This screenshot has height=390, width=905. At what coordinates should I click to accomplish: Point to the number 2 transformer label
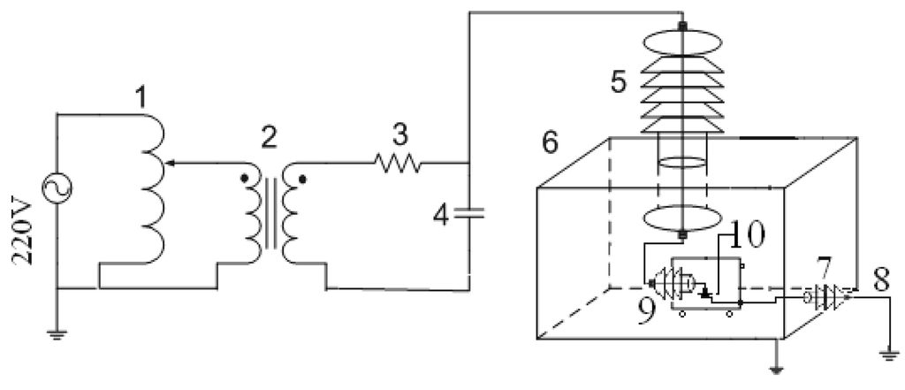267,136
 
